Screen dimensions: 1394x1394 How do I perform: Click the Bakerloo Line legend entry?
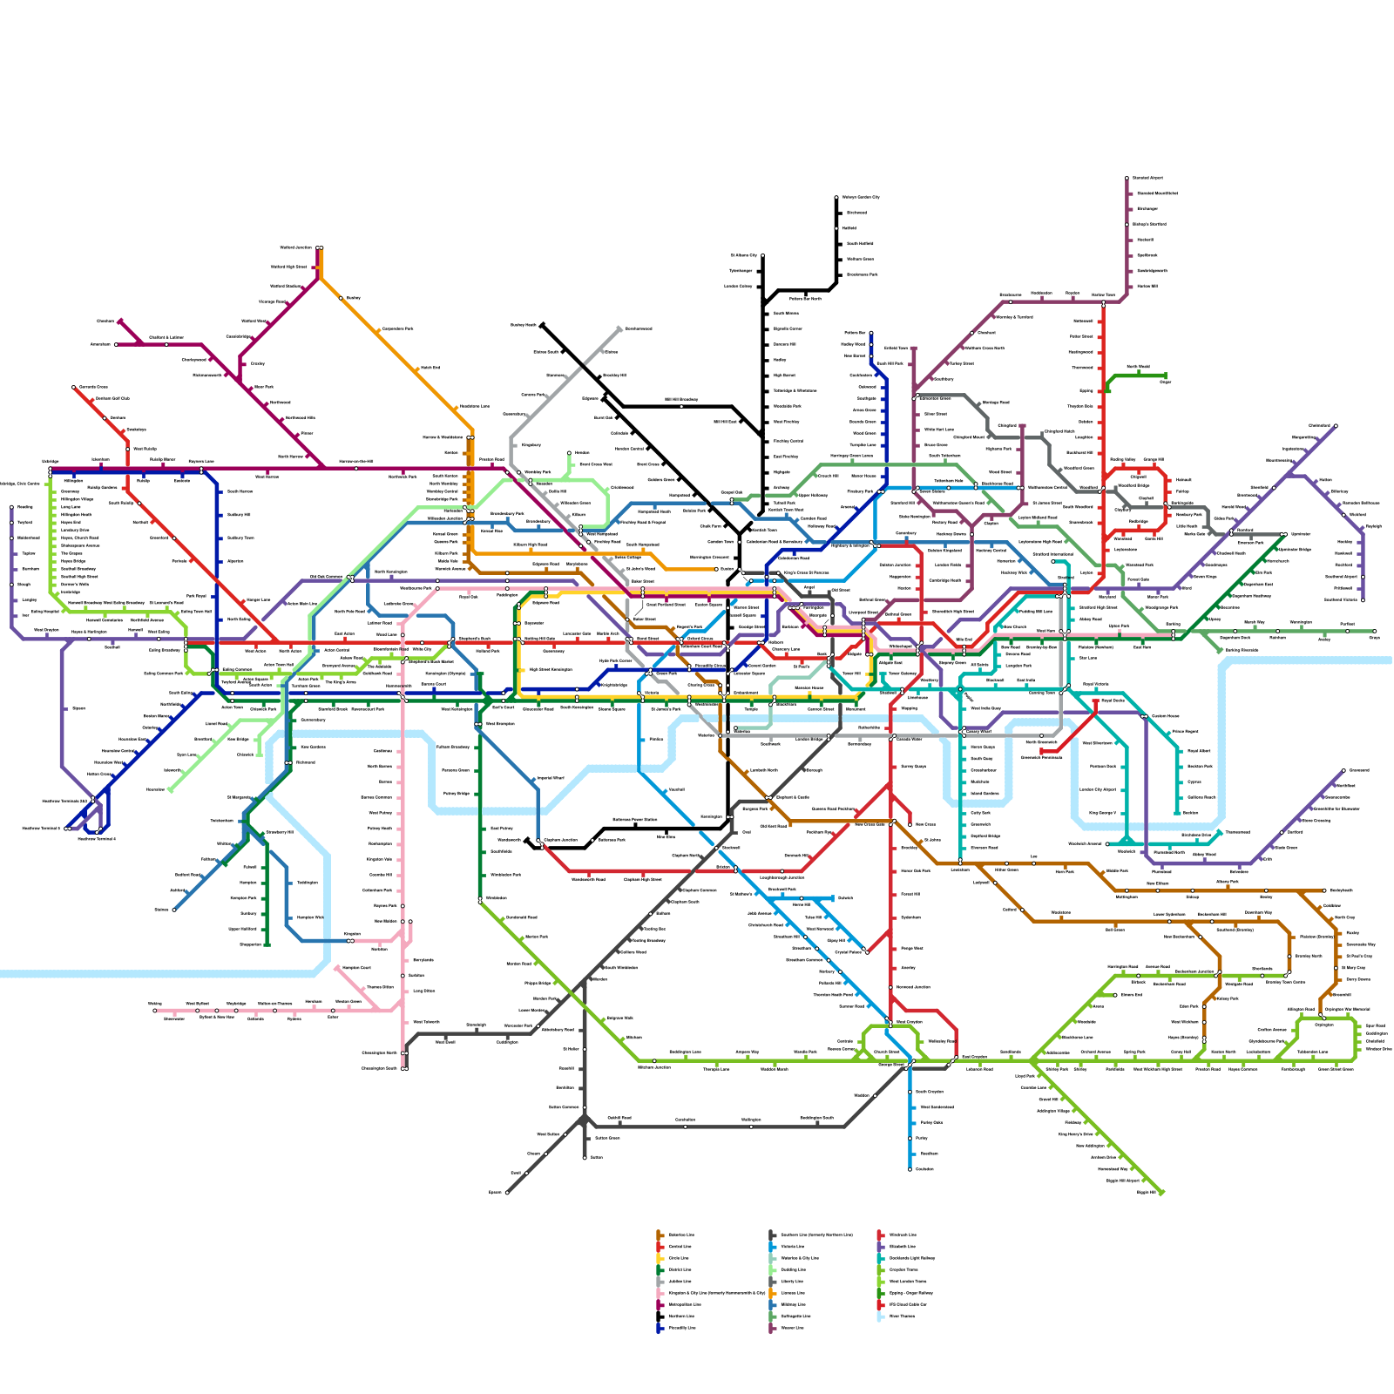click(680, 1235)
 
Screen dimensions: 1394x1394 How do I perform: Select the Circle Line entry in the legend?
click(679, 1258)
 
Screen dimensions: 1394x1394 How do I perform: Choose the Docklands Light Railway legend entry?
click(910, 1258)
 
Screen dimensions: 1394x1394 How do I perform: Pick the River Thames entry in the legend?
click(902, 1316)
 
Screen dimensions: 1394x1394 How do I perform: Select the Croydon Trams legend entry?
click(903, 1269)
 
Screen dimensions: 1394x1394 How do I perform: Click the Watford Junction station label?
click(296, 248)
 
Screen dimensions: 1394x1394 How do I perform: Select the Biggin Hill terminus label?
click(1146, 1192)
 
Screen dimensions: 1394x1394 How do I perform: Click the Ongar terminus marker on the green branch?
click(1165, 376)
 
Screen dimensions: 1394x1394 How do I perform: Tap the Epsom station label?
click(496, 1192)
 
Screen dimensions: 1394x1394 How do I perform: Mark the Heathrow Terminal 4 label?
click(96, 839)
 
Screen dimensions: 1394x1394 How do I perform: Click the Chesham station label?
click(105, 321)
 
